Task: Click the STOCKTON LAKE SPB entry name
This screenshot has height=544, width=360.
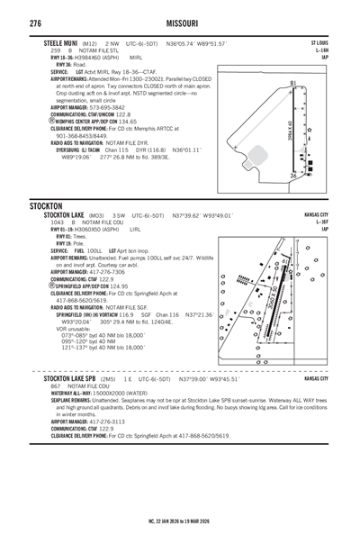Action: (x=79, y=380)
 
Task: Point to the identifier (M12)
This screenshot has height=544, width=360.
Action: (x=90, y=43)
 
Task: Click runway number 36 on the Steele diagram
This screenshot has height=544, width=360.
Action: (x=293, y=176)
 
